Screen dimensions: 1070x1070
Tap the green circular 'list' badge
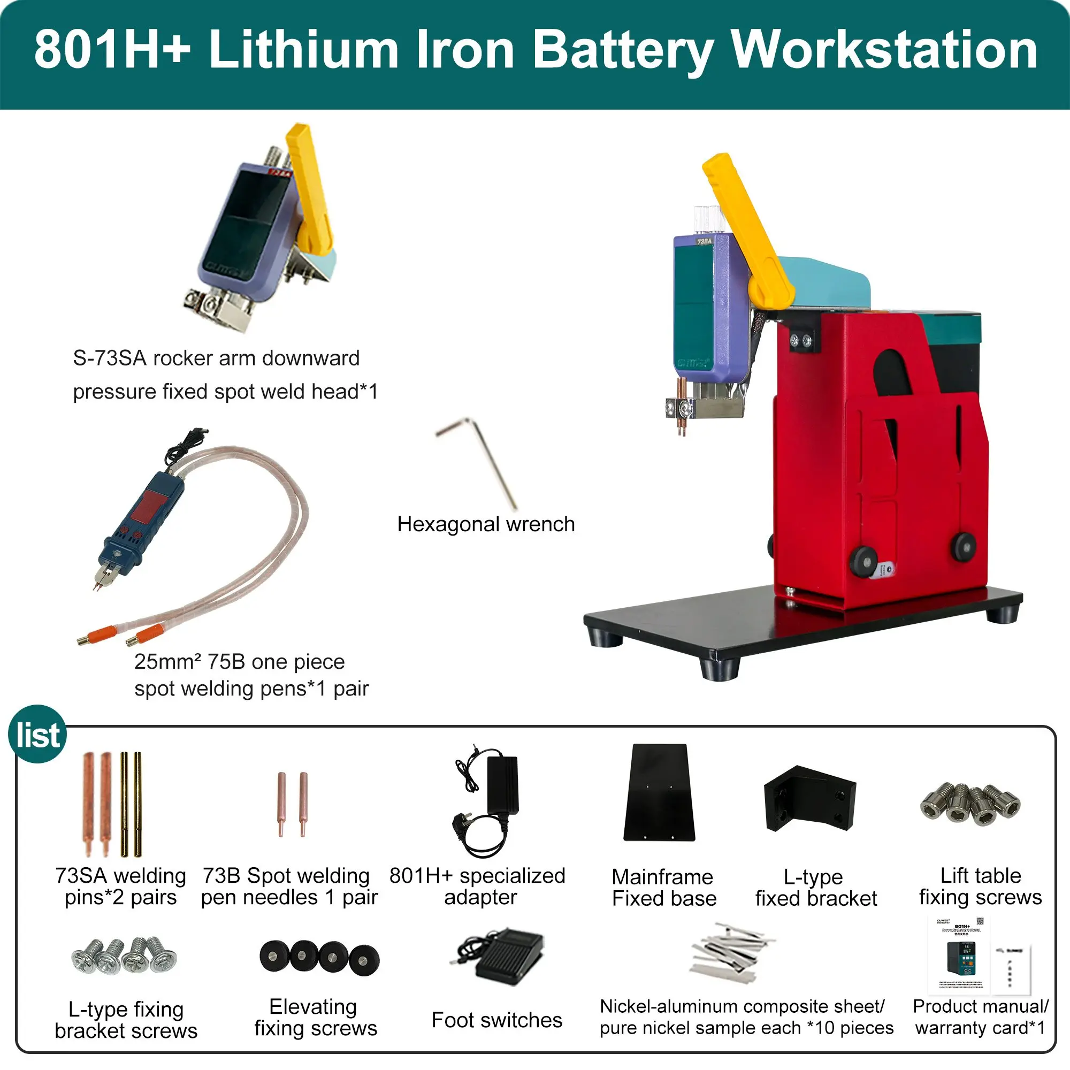point(37,735)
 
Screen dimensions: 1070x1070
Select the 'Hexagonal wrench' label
point(486,524)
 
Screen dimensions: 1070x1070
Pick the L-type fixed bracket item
point(809,798)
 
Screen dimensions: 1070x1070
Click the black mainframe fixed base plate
point(660,792)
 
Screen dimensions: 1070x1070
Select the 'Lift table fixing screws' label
point(980,885)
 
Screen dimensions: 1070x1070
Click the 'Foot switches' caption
point(496,1020)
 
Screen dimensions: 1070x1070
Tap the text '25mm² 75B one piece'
point(239,662)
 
